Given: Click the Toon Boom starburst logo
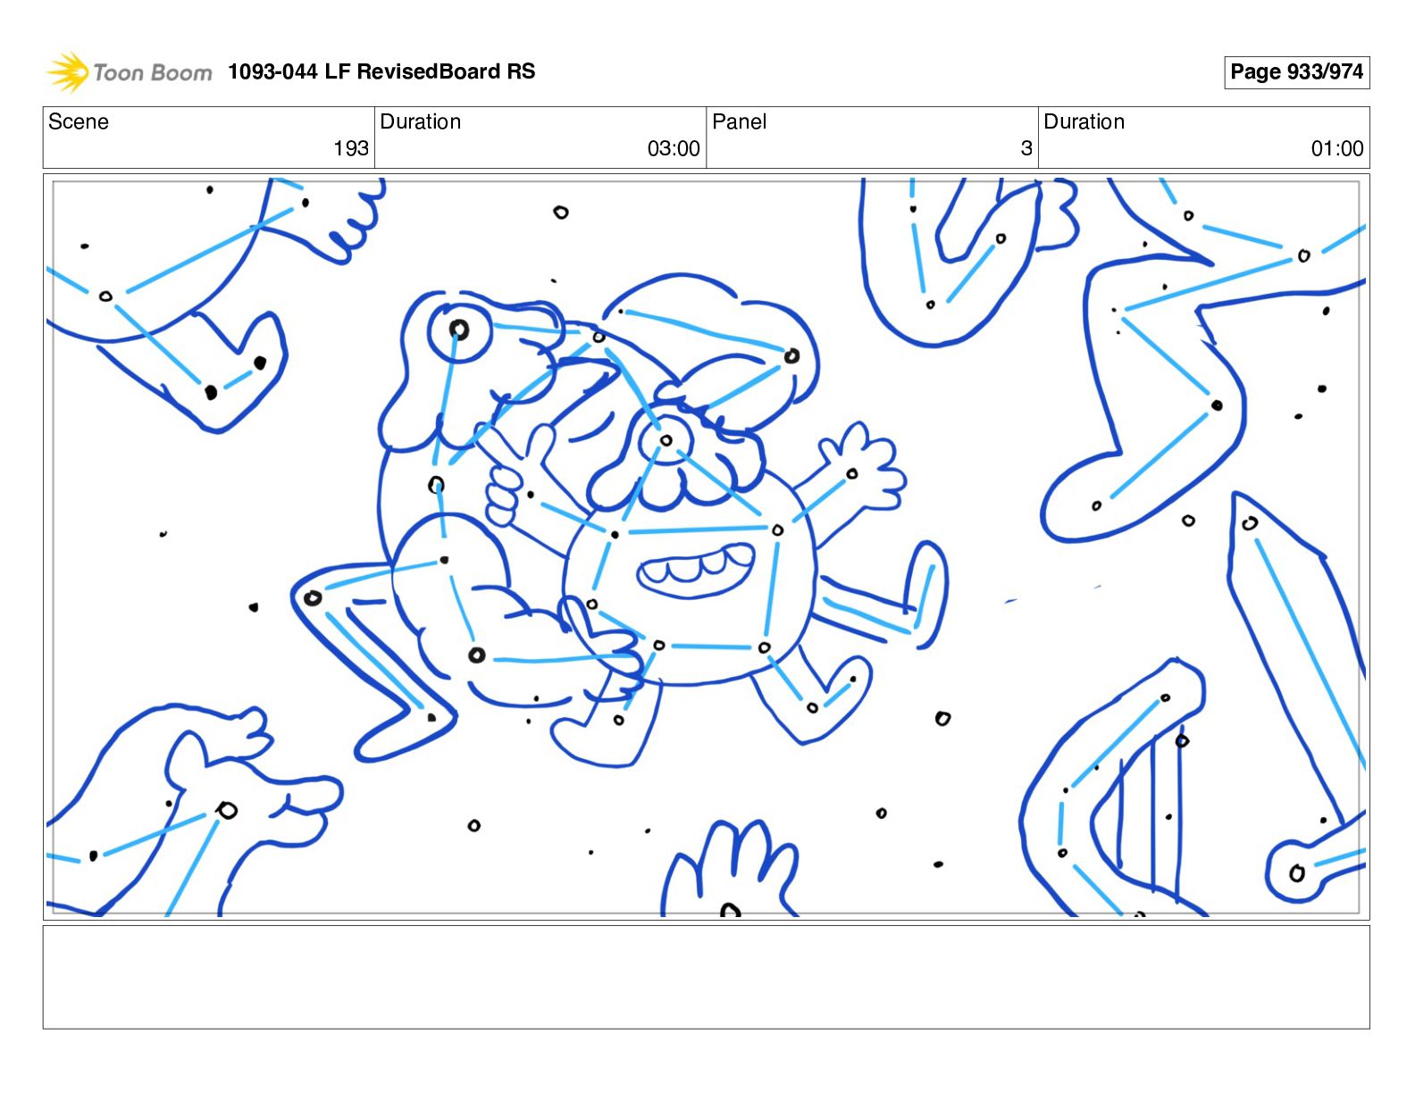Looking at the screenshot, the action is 67,71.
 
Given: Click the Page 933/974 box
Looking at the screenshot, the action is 1296,72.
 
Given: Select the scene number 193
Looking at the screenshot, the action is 351,149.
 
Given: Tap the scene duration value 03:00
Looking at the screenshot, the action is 674,149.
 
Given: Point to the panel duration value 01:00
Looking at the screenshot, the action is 1337,149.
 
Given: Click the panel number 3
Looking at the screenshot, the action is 1026,149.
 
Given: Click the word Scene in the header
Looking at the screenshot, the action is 78,121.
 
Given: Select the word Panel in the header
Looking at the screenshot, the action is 739,121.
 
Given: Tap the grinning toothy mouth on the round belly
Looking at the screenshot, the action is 696,570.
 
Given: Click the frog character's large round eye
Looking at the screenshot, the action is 459,330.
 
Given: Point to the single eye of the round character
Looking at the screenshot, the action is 665,441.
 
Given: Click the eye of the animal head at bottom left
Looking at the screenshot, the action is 227,811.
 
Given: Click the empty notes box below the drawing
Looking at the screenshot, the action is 706,977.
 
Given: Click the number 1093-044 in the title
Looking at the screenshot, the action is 272,71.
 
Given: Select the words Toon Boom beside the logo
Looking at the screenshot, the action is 153,72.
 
